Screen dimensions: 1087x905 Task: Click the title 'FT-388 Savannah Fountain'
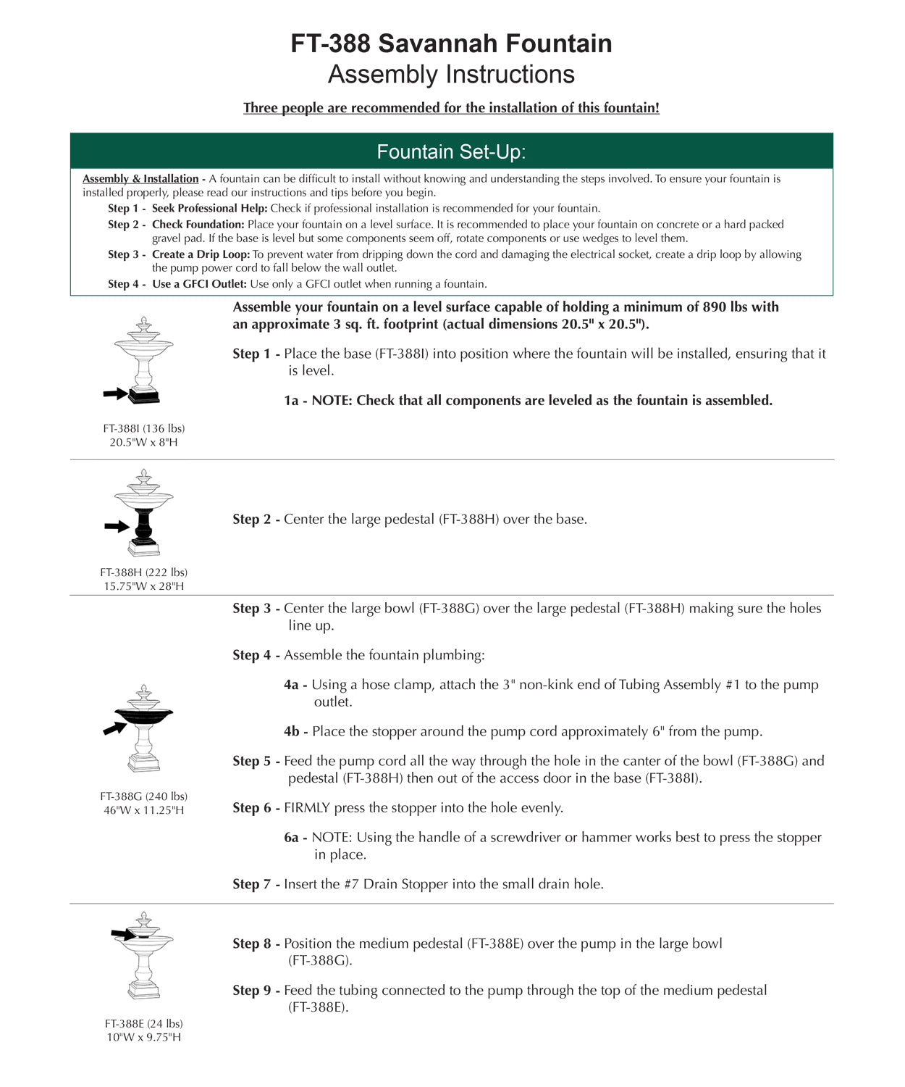tap(451, 43)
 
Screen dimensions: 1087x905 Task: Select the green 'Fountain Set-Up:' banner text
tap(451, 151)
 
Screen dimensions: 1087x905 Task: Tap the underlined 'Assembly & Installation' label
tap(140, 179)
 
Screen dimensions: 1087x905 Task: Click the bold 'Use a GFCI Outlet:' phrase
tap(199, 284)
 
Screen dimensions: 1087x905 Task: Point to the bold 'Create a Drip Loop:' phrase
tap(201, 254)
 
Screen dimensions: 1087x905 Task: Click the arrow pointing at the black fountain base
tap(115, 393)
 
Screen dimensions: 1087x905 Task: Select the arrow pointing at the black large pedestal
tap(116, 526)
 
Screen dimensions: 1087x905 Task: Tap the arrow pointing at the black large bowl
tap(114, 728)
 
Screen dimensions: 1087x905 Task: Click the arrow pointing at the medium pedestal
tap(123, 934)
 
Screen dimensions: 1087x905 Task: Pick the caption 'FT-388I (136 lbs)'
tap(143, 428)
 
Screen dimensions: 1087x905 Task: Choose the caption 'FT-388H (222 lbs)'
tap(143, 572)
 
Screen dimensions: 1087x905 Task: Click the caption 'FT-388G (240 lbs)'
tap(143, 796)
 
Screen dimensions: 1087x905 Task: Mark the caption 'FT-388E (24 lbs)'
tap(143, 1024)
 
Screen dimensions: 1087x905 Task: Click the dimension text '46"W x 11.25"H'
tap(143, 810)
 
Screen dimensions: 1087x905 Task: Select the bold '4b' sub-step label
tap(292, 732)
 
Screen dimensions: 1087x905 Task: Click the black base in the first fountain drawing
tap(144, 396)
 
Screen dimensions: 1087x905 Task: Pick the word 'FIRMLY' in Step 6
tap(307, 808)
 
